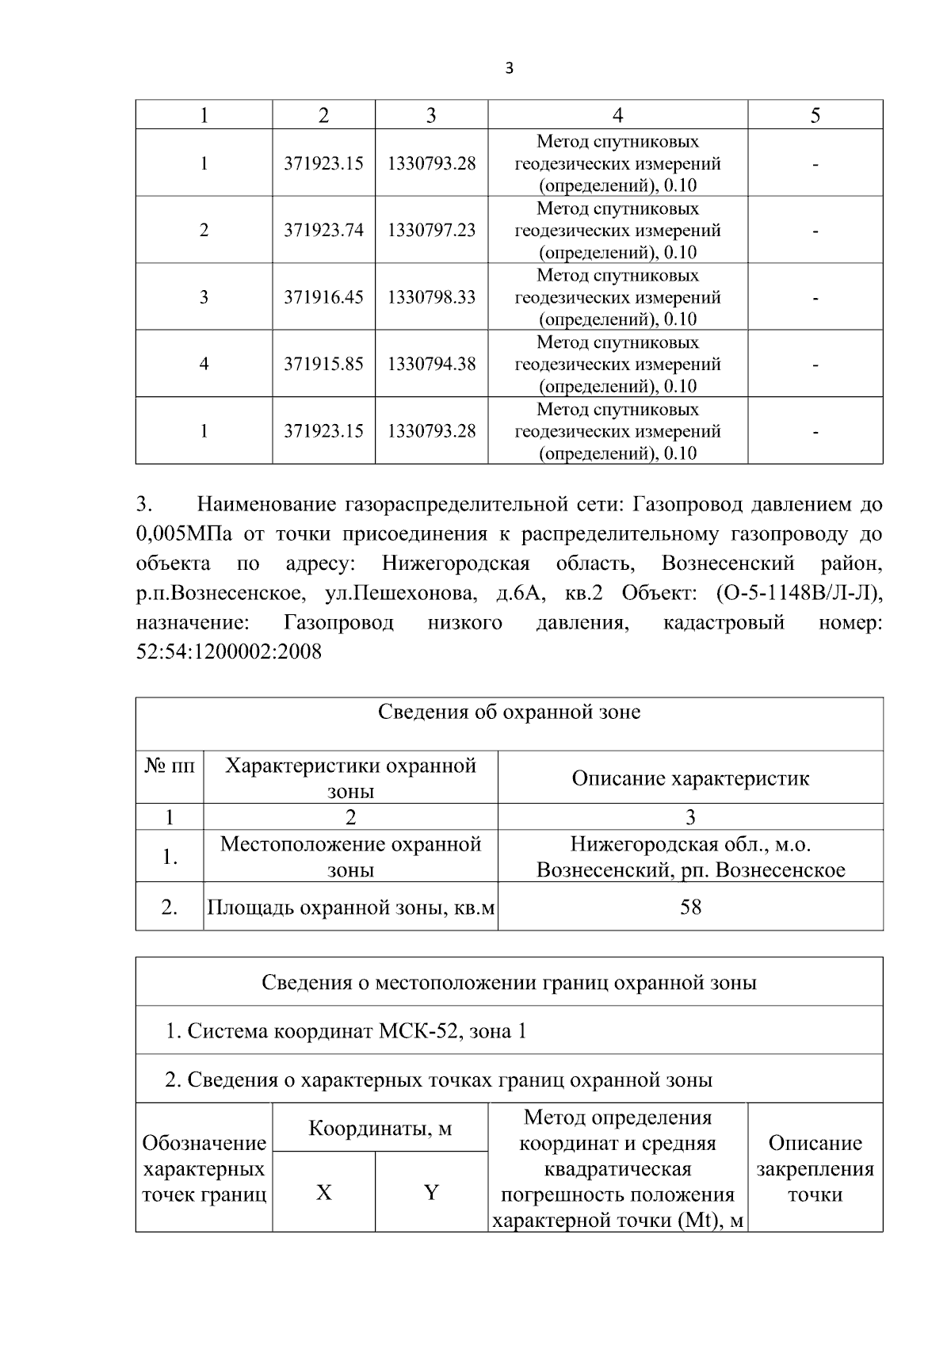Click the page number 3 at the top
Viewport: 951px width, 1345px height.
point(509,69)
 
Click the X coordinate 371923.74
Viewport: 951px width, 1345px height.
point(323,230)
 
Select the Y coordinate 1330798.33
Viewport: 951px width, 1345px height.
point(431,297)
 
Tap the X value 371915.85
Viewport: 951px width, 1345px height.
point(323,364)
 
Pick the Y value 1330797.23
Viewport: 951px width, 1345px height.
point(431,230)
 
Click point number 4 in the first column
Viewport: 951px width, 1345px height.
point(204,364)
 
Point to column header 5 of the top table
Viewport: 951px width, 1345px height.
point(815,116)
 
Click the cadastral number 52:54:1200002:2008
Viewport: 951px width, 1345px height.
point(229,652)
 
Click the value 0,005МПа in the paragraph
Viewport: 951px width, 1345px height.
point(184,534)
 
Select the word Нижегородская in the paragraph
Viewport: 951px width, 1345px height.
point(455,564)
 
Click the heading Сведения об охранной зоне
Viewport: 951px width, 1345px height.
point(509,712)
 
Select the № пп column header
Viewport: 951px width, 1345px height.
point(170,766)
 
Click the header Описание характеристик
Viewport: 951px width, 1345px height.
point(690,778)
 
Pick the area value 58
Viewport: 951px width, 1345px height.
point(690,907)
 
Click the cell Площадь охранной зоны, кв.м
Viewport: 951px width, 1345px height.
point(351,907)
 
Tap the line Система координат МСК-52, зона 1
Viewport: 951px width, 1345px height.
point(346,1031)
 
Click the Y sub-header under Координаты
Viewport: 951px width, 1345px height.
point(431,1192)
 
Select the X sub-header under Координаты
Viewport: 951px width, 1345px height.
point(323,1192)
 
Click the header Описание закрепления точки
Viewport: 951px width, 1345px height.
point(815,1168)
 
